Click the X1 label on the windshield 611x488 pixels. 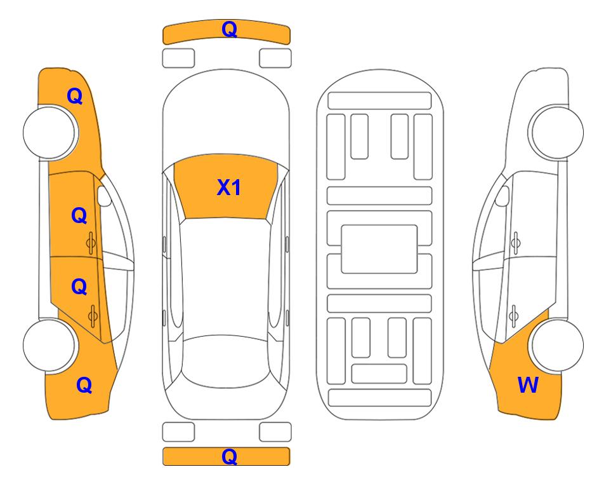click(229, 187)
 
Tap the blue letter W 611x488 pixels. click(528, 385)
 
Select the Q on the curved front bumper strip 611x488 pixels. click(229, 29)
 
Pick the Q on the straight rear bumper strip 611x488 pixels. click(229, 456)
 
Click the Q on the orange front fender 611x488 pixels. click(75, 96)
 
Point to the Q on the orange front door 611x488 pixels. click(79, 215)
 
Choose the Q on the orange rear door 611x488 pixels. click(79, 287)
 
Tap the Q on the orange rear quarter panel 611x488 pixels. click(84, 385)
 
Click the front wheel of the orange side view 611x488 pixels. click(50, 132)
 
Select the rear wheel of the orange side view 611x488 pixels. click(50, 345)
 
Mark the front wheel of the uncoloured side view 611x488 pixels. click(556, 132)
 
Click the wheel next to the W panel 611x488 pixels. click(556, 345)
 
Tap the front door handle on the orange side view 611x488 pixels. click(91, 243)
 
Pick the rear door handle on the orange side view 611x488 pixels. click(93, 316)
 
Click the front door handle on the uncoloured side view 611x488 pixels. click(515, 243)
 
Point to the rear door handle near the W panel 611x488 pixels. click(513, 316)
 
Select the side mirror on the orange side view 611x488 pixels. click(104, 196)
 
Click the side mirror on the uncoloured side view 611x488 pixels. click(503, 196)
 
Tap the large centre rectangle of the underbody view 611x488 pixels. click(379, 249)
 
